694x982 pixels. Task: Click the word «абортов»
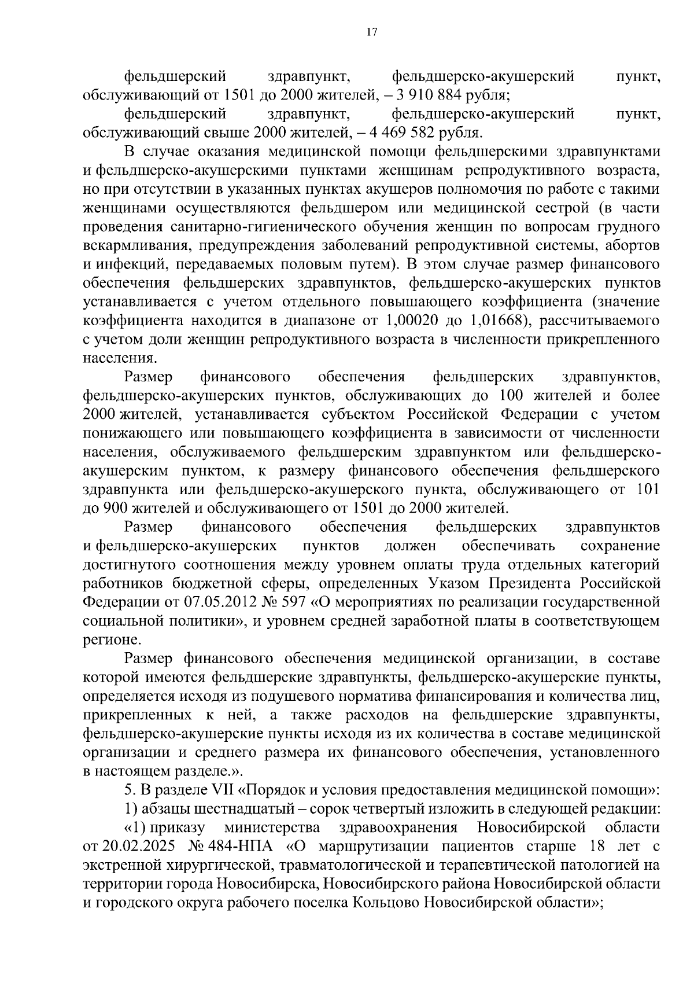pyautogui.click(x=632, y=245)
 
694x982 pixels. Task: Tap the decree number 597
pyautogui.click(x=294, y=602)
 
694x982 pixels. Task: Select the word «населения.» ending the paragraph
pyautogui.click(x=112, y=358)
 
